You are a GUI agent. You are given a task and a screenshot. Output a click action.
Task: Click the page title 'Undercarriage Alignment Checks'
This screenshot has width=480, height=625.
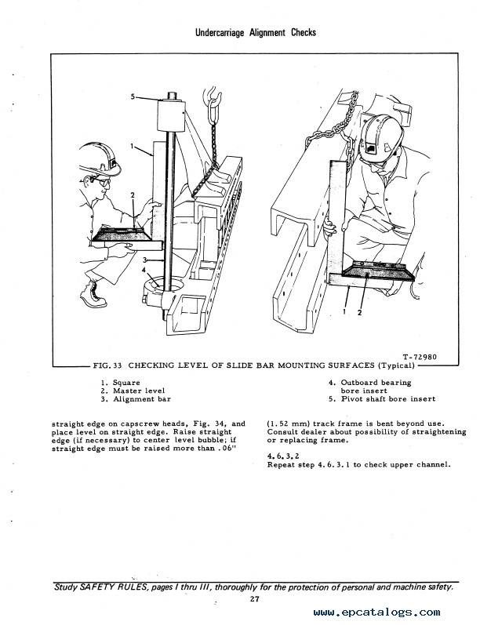coord(255,33)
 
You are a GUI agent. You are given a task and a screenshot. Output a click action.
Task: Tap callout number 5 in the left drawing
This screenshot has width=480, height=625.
coord(133,96)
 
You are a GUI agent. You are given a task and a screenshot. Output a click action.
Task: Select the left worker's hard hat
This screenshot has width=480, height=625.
coord(100,159)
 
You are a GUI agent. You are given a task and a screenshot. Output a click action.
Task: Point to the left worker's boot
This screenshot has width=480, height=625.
coord(93,293)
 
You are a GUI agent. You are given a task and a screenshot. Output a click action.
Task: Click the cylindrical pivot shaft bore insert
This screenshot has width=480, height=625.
coord(171,115)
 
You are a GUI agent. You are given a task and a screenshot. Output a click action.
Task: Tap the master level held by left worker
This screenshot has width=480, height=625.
coord(122,234)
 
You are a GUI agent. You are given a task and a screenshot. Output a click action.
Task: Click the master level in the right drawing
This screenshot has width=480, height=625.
coord(377,271)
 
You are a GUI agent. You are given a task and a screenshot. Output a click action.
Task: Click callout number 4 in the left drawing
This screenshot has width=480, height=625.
coord(144,270)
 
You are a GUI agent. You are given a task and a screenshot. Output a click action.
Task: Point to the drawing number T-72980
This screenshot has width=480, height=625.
coord(420,357)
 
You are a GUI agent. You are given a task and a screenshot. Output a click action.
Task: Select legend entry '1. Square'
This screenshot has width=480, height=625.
coord(121,383)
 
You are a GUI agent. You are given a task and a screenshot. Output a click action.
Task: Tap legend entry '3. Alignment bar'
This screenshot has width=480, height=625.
coord(136,399)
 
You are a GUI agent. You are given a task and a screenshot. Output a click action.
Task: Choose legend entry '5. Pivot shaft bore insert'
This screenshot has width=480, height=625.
coord(382,399)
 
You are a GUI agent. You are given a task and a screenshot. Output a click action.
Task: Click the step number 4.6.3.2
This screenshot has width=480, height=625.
coord(283,456)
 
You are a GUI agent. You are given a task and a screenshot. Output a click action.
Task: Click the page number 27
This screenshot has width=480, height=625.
coord(255,598)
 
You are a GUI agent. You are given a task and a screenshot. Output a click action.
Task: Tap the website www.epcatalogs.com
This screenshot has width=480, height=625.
coord(376,612)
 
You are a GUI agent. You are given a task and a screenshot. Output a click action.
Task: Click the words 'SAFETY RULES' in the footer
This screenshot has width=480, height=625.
coord(104,587)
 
